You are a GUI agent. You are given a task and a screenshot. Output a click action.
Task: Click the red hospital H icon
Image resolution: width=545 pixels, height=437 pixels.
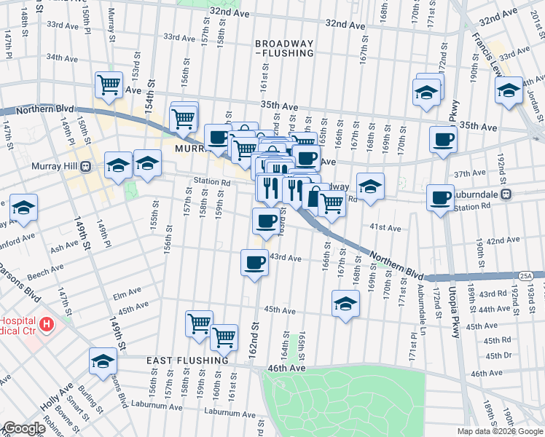pos(47,323)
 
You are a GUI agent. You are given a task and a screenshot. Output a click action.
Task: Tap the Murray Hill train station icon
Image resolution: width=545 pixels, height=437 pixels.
pos(85,166)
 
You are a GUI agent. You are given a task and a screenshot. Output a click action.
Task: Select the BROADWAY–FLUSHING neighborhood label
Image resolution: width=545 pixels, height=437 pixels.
pos(284,48)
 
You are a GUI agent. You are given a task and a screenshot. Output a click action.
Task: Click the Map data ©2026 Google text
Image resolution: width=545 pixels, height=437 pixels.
pos(500,431)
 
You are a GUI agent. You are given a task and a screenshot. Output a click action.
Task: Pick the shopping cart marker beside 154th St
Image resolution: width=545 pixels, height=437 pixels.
pos(109,84)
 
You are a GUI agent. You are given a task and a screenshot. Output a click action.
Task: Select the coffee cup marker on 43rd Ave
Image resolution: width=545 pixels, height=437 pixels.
pos(254,262)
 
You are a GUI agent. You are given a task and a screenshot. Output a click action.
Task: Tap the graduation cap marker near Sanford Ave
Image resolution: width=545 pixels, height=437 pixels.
pos(24,208)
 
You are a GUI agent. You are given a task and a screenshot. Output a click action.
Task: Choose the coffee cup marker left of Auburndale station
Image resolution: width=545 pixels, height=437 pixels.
pos(440,198)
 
